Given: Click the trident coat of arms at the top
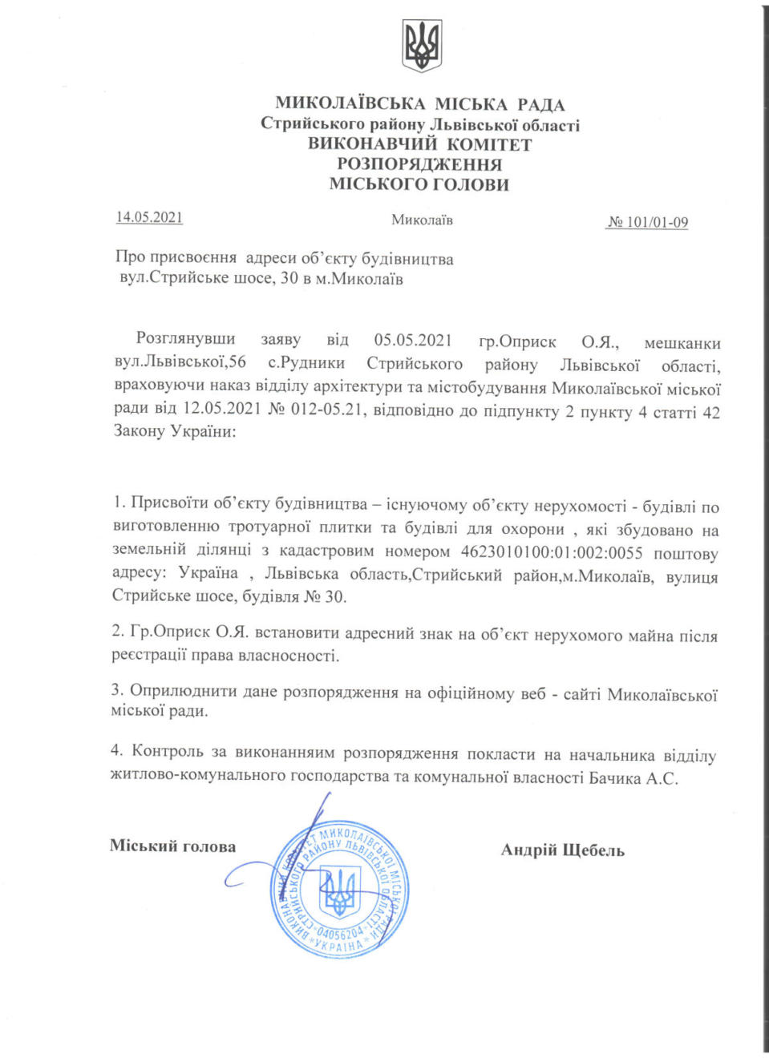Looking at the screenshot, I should [x=422, y=46].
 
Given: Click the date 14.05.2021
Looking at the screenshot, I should [x=149, y=217].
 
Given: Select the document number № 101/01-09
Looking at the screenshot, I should [x=647, y=222].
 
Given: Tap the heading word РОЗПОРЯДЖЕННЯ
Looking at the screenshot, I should [x=419, y=164].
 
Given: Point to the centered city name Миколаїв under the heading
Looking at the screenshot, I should [x=422, y=220].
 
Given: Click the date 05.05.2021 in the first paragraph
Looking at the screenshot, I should [x=413, y=341].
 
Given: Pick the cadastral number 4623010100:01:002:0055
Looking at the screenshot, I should [x=552, y=552].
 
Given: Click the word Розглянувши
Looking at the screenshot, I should [x=185, y=339].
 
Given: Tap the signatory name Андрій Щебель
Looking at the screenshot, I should [x=562, y=850].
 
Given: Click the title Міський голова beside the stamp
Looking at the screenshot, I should [x=172, y=846].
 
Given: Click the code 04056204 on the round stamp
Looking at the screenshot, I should [x=341, y=933].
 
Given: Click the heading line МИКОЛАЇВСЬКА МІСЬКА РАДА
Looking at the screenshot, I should [x=420, y=104].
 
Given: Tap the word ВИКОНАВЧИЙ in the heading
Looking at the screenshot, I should [x=372, y=145].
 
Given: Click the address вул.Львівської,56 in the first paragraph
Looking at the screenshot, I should [x=180, y=363].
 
